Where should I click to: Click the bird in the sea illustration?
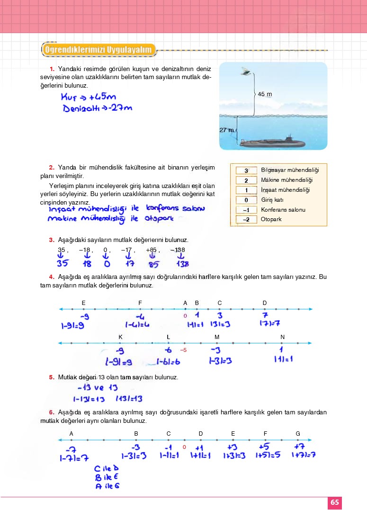pos(246,71)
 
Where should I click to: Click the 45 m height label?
pos(265,94)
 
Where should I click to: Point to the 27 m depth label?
pos(226,130)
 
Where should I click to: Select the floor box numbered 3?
pos(246,170)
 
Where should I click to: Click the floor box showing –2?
pos(246,220)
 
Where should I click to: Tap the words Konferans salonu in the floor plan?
pos(283,210)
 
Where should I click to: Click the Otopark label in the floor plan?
pos(271,220)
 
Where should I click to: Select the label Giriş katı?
pos(272,200)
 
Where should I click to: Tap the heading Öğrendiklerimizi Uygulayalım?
pos(99,49)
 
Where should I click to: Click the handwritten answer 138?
pos(182,264)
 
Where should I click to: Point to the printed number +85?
pos(152,250)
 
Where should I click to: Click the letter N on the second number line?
pos(282,337)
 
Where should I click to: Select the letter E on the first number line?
pos(83,303)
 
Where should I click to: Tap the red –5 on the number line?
pos(184,350)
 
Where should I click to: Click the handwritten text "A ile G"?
pos(107,485)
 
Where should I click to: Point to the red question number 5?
pos(52,377)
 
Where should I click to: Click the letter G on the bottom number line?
pos(297,433)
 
